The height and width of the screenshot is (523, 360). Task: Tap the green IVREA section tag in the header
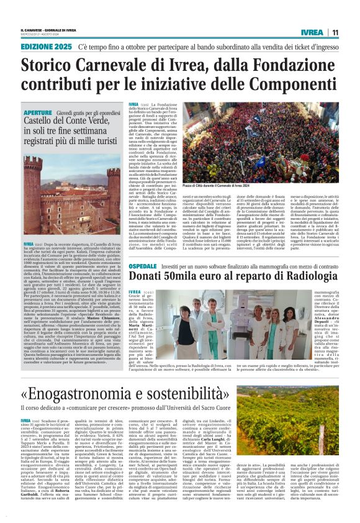(310, 32)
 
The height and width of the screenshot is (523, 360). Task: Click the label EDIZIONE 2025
(45, 47)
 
